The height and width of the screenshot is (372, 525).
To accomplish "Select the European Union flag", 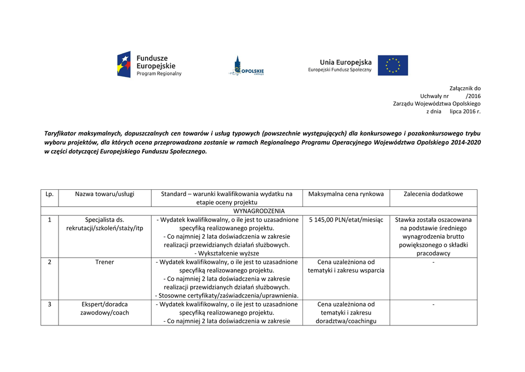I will click(393, 65).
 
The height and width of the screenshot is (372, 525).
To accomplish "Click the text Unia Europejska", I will click(346, 62).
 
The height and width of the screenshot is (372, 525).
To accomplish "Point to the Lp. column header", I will click(50, 194).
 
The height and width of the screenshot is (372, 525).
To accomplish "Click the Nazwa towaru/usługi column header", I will click(105, 194).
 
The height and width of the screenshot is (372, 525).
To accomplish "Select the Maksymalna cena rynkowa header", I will click(346, 194).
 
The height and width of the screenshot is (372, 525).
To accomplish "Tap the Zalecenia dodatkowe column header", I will click(433, 194).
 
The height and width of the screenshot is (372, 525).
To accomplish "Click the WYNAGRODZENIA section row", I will click(259, 211).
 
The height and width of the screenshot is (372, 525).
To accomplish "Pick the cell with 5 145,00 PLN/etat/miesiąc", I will click(346, 220).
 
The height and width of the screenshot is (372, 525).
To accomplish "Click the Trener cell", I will click(105, 262).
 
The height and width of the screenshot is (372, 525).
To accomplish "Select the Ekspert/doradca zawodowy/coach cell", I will click(105, 308).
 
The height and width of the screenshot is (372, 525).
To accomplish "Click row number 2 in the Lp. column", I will click(50, 262).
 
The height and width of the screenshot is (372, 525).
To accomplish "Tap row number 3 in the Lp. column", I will click(50, 304).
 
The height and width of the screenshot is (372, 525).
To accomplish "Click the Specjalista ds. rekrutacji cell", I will click(105, 224).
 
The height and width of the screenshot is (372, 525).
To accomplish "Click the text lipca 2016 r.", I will click(465, 111).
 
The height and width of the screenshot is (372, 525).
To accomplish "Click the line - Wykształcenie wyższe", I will click(227, 253).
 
